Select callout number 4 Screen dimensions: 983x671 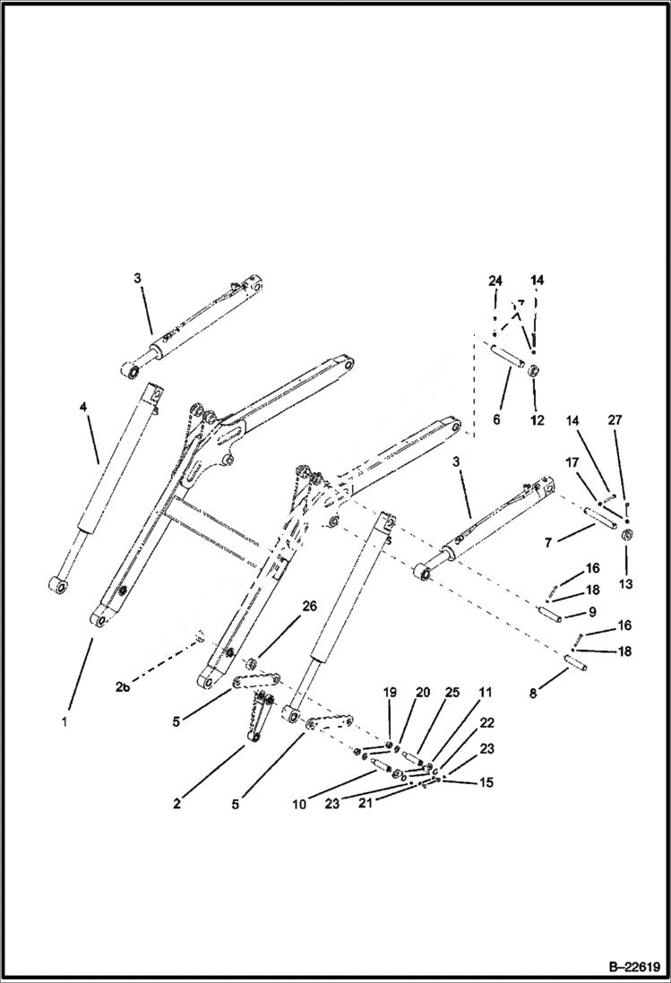tap(83, 407)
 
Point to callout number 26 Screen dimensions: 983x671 tap(308, 607)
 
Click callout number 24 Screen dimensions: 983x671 tap(495, 280)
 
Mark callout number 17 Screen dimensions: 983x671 tap(571, 463)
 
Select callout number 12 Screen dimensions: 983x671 tap(536, 418)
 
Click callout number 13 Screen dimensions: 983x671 tap(624, 583)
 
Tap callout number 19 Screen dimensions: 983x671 tap(390, 693)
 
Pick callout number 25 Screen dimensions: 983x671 tap(452, 693)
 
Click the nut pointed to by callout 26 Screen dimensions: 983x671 tap(254, 664)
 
